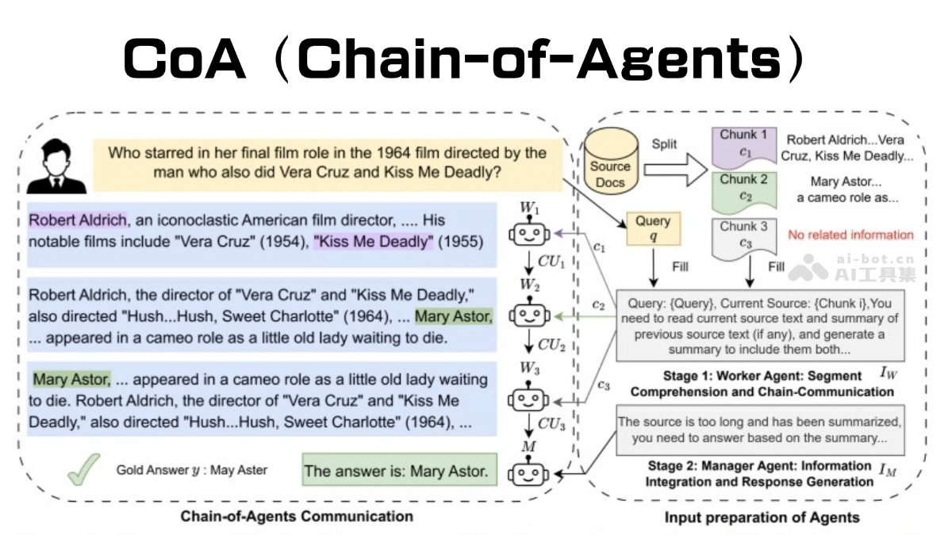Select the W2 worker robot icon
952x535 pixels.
coord(529,315)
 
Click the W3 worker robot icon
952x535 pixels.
coord(529,397)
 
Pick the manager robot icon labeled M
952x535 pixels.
coord(529,473)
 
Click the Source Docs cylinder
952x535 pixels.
coord(609,162)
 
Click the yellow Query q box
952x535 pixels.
coord(653,229)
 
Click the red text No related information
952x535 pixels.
coord(850,235)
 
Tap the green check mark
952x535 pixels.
coord(83,469)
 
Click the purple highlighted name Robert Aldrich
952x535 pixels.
coord(78,220)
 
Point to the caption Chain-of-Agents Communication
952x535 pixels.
coord(297,517)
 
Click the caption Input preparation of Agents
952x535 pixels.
coord(762,518)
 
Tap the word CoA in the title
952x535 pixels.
coord(184,59)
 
